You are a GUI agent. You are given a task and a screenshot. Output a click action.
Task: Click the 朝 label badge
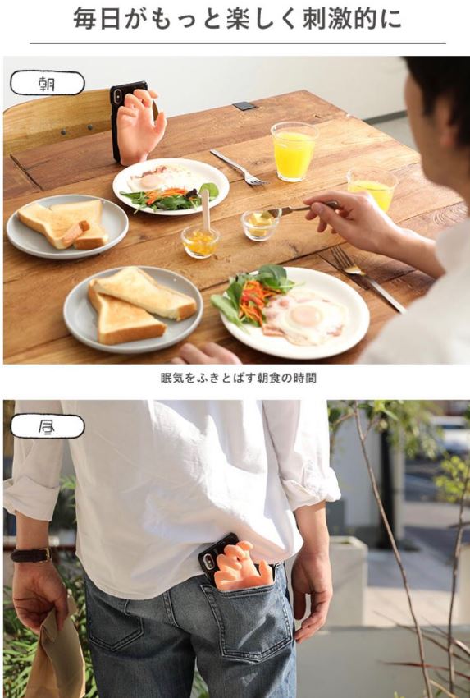pos(47,83)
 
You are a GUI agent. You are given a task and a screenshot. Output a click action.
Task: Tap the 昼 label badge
pos(47,426)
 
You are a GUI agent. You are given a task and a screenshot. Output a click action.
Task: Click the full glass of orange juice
pos(294,152)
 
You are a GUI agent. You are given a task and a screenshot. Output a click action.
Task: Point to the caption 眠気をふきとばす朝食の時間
pos(239,379)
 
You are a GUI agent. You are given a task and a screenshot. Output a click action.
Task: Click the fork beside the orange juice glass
pos(239,168)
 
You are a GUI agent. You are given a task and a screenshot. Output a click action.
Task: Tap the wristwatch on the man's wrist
pos(31,554)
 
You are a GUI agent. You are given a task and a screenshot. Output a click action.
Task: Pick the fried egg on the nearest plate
pos(304,316)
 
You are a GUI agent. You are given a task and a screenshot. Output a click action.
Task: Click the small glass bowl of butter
pos(258,225)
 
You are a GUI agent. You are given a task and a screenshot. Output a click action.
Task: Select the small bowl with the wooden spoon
pos(201,241)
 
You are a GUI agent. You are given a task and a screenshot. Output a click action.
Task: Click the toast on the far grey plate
pos(62,224)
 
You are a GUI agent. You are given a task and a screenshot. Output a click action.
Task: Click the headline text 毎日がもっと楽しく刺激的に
pos(238,19)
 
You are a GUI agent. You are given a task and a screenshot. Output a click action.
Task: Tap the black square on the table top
pos(244,106)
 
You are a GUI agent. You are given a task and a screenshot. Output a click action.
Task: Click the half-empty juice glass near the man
pos(372,189)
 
